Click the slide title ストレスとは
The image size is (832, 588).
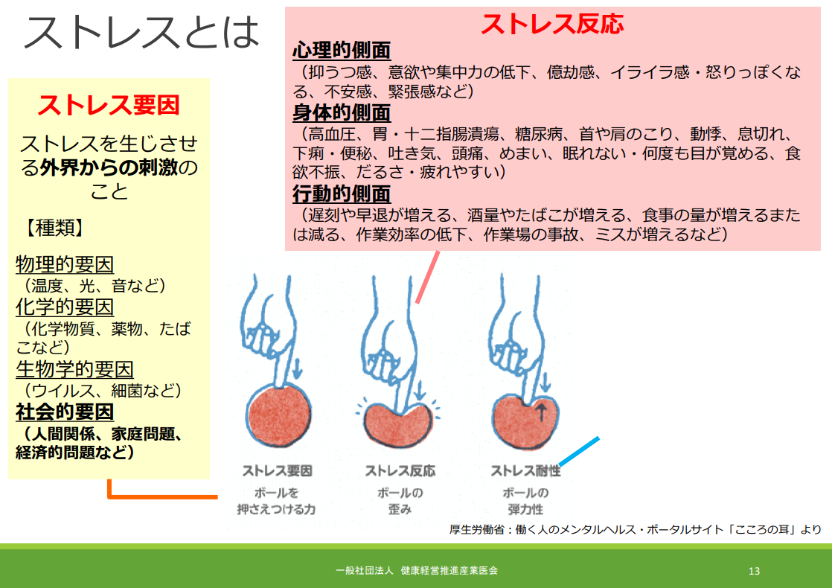pyautogui.click(x=141, y=33)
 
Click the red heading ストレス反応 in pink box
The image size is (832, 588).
pyautogui.click(x=552, y=24)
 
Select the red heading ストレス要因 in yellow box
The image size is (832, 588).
pyautogui.click(x=109, y=105)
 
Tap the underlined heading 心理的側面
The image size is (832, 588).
pyautogui.click(x=342, y=51)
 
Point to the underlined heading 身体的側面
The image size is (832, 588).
pyautogui.click(x=342, y=113)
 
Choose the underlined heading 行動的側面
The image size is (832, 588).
pyautogui.click(x=342, y=194)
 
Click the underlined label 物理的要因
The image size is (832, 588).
pyautogui.click(x=65, y=264)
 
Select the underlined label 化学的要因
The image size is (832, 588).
pyautogui.click(x=65, y=307)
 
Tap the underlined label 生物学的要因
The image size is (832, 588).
pyautogui.click(x=74, y=369)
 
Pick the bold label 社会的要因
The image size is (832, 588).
pyautogui.click(x=65, y=412)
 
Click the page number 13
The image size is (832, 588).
pyautogui.click(x=754, y=571)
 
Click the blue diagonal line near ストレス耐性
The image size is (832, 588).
pyautogui.click(x=579, y=451)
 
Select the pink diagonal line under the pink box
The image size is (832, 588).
pyautogui.click(x=428, y=277)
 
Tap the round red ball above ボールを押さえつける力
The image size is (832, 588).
pyautogui.click(x=276, y=416)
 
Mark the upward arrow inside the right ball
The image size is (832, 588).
pyautogui.click(x=541, y=412)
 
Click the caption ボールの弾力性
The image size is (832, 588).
pyautogui.click(x=525, y=501)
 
